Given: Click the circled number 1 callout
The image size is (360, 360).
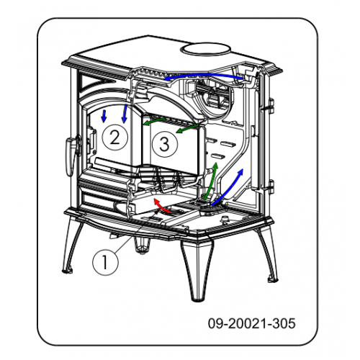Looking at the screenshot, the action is point(105,262).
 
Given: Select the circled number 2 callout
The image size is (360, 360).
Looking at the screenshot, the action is point(114,138).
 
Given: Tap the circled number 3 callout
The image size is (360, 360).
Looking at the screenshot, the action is point(165,145).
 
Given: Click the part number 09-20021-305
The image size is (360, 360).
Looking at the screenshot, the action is point(251,323).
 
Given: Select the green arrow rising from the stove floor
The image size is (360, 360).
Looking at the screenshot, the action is point(211,181).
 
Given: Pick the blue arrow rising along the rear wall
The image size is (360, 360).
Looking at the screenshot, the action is point(228,187).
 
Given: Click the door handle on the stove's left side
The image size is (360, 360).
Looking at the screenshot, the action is point(71,156).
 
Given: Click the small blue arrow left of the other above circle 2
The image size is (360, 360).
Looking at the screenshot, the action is point(104,116).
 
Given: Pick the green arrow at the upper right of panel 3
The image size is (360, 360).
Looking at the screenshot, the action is point(187,129).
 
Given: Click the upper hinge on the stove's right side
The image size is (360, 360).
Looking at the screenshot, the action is point(271,106).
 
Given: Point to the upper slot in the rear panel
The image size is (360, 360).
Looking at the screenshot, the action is point(228,144).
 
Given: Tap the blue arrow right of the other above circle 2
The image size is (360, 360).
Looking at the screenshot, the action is point(125,113).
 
